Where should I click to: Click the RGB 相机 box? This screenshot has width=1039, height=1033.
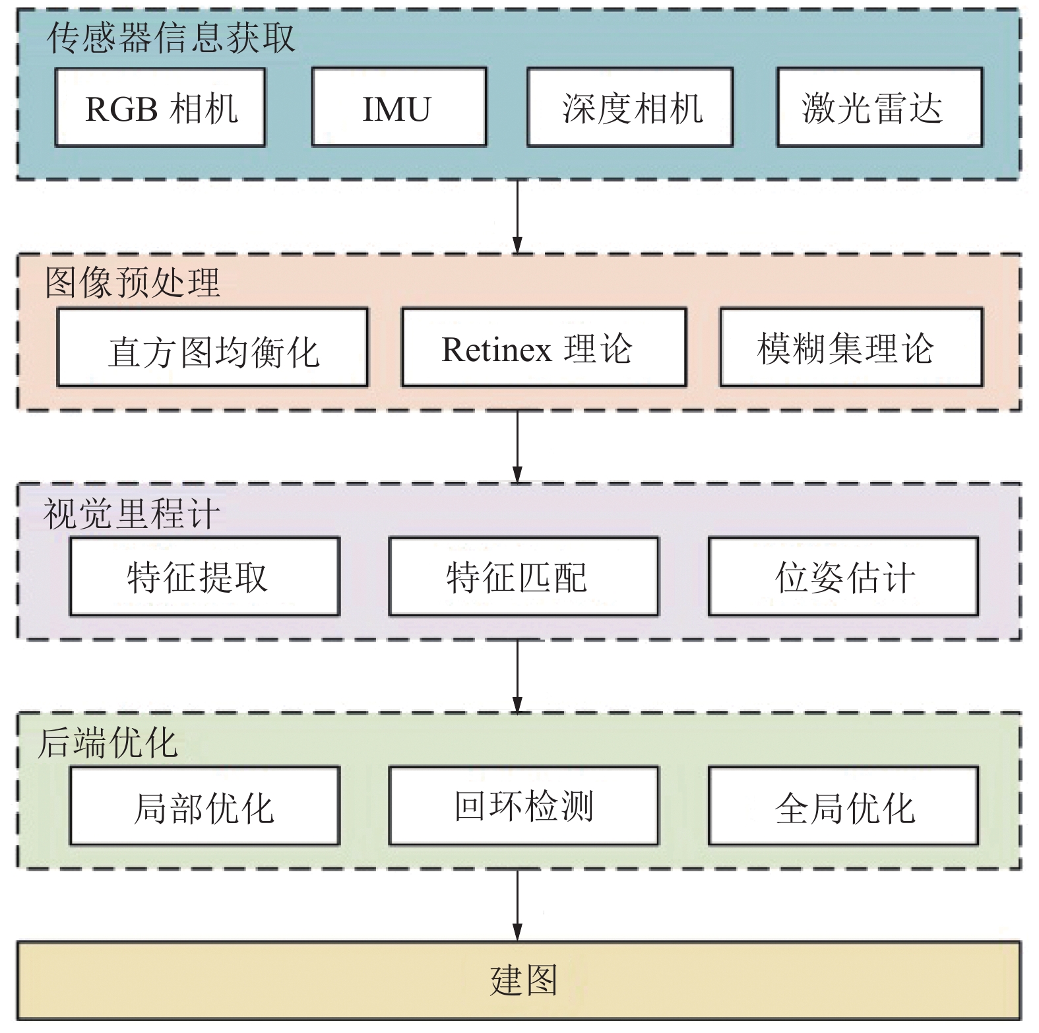160,108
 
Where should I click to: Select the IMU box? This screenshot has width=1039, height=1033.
398,108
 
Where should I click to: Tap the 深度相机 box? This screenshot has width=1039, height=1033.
629,108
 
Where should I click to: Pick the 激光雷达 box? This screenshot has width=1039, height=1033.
879,108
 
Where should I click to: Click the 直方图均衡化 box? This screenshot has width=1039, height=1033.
212,348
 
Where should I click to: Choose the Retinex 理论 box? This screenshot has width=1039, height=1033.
544,348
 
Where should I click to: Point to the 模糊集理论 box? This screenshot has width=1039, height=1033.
851,348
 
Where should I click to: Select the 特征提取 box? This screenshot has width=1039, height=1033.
205,577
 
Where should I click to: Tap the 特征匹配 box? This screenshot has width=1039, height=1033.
523,577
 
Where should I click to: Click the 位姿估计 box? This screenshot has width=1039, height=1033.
843,577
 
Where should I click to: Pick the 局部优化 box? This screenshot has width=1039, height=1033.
205,806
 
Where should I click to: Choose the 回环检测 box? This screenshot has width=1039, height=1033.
523,806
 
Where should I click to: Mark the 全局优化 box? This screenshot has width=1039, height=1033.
843,806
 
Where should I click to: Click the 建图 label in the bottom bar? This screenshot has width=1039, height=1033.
523,980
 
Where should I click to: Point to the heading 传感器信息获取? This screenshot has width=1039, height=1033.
171,38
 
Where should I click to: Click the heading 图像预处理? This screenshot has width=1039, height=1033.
132,283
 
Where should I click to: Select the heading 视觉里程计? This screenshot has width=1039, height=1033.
131,514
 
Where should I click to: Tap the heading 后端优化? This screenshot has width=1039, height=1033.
108,743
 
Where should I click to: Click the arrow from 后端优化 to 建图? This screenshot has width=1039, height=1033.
517,904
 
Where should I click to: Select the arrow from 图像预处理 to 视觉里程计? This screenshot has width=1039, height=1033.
517,447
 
